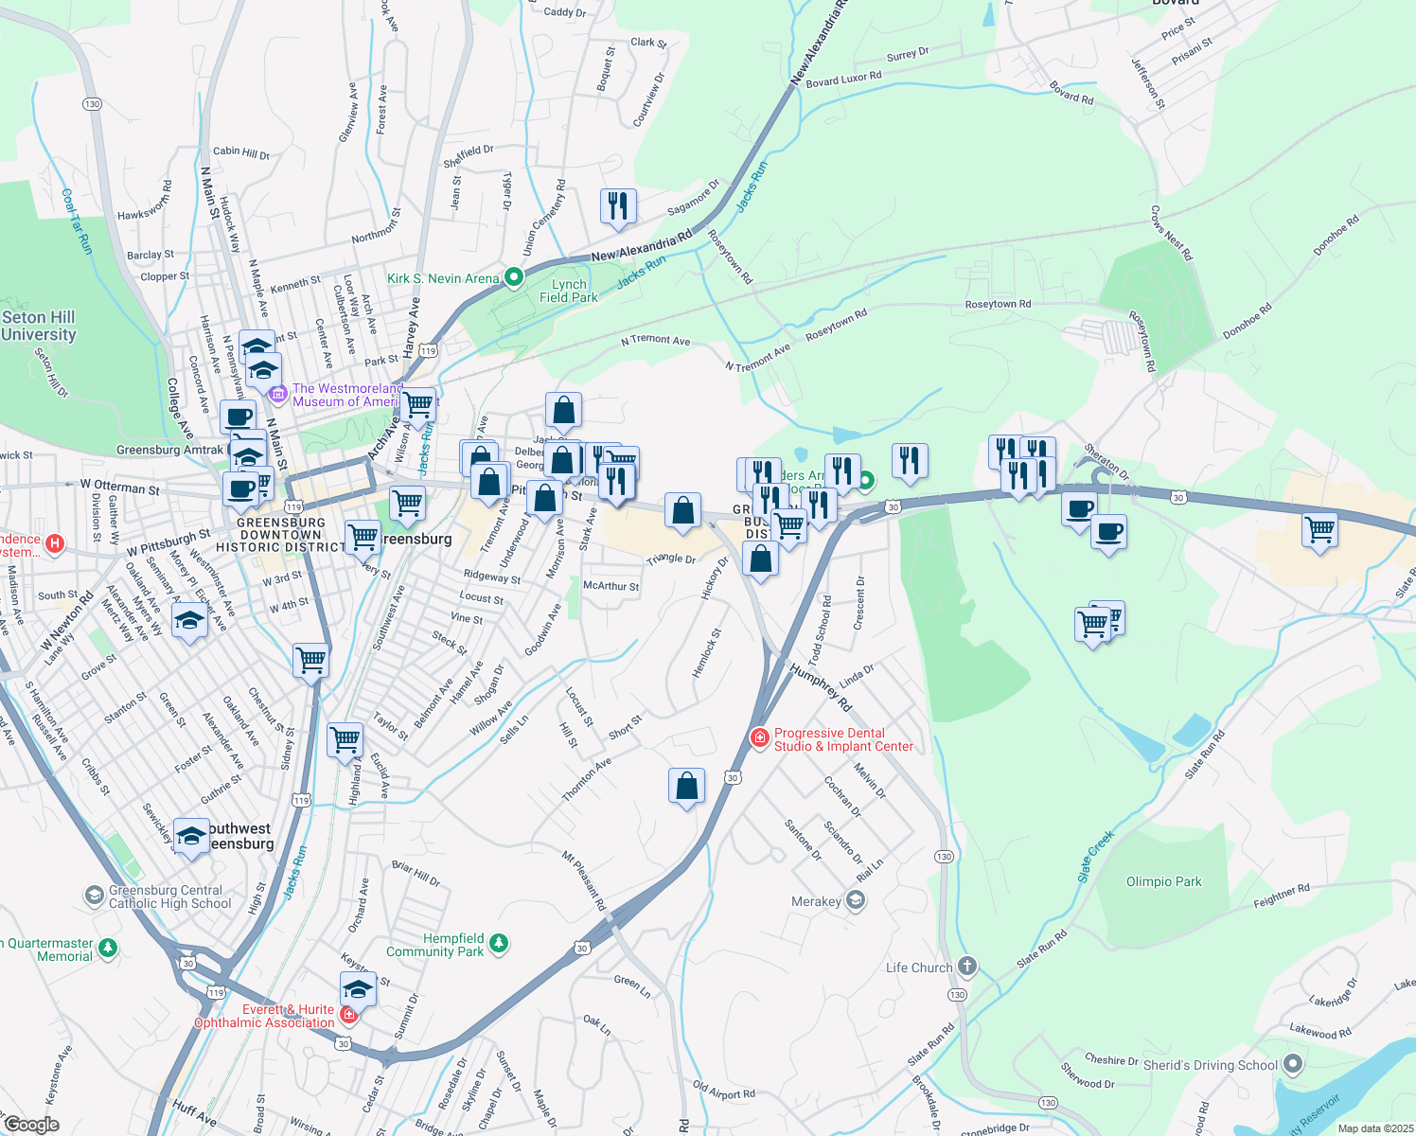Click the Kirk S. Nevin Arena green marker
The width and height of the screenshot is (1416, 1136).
pos(514,277)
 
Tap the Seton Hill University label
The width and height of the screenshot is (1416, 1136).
pos(39,326)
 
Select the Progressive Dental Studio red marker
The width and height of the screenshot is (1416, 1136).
pos(759,737)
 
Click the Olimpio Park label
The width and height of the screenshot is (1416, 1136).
pos(1163,881)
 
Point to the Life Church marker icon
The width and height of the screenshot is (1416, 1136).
pos(966,967)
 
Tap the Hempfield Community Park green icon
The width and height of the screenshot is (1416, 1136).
pos(499,944)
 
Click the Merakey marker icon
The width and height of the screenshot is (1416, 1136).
pos(856,900)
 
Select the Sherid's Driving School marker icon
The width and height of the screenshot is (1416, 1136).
pos(1293,1065)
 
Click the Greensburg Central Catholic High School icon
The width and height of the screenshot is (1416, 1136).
pos(94,895)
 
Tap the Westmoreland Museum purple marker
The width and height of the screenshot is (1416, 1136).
pos(277,393)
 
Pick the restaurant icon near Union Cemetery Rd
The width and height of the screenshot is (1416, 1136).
pos(618,205)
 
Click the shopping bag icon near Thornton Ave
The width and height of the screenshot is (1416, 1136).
pos(686,786)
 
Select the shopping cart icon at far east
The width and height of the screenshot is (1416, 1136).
pos(1319,530)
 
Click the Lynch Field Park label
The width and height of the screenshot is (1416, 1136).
pos(569,291)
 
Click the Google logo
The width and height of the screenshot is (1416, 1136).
pos(31,1125)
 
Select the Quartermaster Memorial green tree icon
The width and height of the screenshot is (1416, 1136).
pos(108,947)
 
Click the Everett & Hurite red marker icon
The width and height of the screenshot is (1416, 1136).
pos(348,1015)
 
